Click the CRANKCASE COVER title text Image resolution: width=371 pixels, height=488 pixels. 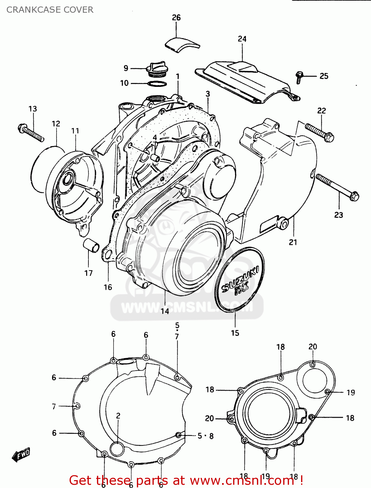pos(50,10)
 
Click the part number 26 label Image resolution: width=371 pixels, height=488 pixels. pos(176,18)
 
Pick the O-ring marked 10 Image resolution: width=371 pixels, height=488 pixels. pos(157,84)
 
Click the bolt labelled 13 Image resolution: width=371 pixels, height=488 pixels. pos(31,133)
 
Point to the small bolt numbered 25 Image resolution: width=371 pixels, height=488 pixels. pos(299,77)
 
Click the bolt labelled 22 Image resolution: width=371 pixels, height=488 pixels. pos(320,132)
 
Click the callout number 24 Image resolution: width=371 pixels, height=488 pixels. pos(242,39)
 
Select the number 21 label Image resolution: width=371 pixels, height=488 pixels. pos(293,242)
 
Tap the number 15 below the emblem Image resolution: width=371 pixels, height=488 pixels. pos(235,333)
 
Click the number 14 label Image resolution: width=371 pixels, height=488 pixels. pos(165,311)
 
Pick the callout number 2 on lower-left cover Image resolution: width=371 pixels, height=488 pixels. pos(118,415)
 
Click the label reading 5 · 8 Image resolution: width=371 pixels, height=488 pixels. pos(205,436)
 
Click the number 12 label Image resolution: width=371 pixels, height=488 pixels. pos(56,124)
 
